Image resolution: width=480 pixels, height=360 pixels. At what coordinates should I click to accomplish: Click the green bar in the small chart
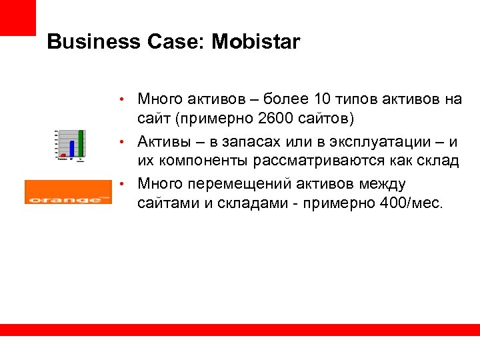coord(81,142)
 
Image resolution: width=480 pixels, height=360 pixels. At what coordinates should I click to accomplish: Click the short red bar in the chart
coord(63,156)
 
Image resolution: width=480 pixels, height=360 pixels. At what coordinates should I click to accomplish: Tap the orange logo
coord(68,192)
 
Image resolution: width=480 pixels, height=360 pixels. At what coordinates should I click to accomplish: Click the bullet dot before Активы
coord(124,142)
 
